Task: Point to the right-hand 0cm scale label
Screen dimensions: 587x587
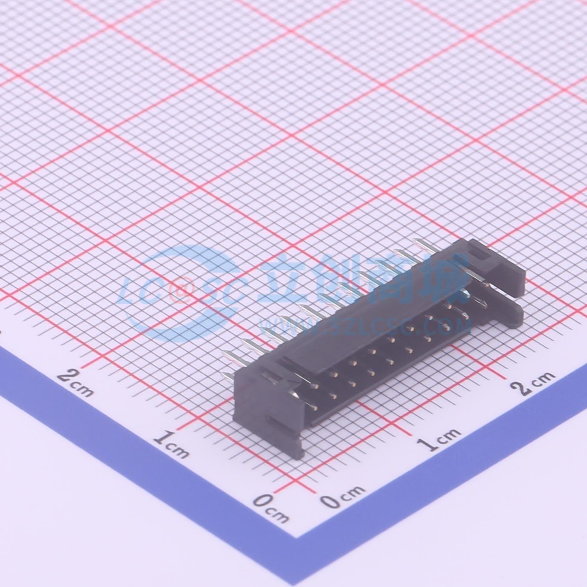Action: click(342, 497)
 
